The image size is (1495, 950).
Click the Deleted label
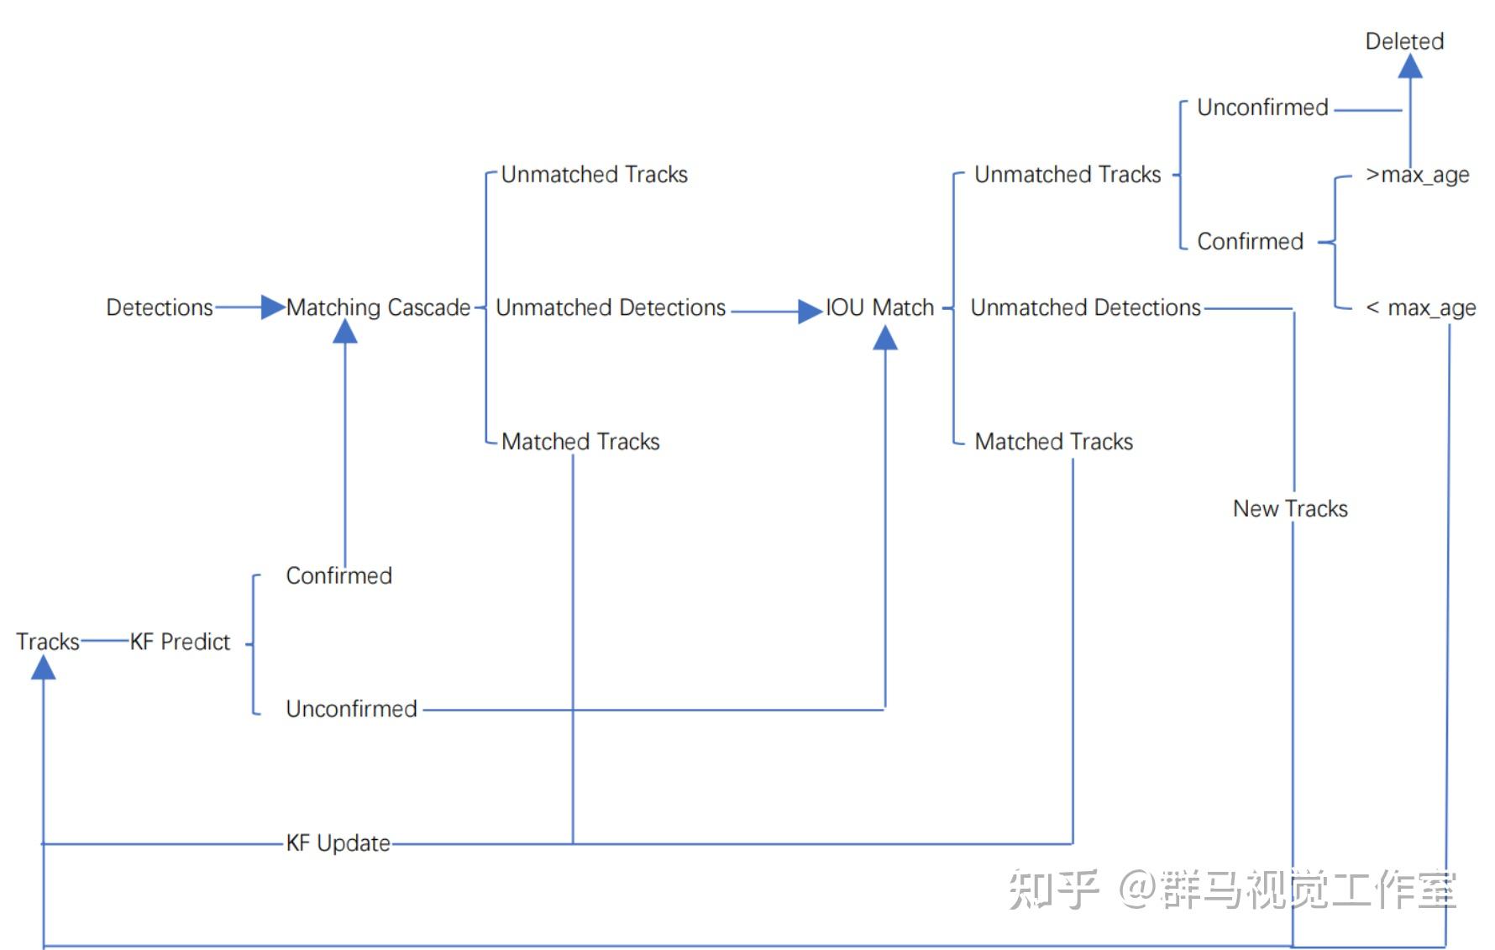(1404, 41)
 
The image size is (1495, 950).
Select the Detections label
(160, 307)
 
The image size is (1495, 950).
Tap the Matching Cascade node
(378, 307)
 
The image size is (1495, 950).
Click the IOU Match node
(879, 307)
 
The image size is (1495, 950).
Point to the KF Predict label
(180, 642)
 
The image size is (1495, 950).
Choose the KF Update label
(338, 843)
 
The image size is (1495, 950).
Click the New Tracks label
(1290, 508)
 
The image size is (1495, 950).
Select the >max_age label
(1418, 175)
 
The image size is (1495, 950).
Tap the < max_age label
(1421, 308)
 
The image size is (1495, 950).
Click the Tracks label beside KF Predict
(48, 642)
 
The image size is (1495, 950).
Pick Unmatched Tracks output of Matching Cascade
(595, 175)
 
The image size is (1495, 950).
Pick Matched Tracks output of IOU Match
(1054, 442)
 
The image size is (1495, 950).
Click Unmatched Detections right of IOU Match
(1086, 307)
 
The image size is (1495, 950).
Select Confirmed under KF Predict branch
(339, 575)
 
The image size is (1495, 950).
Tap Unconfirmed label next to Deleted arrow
(1262, 108)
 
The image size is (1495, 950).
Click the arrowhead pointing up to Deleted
(1410, 66)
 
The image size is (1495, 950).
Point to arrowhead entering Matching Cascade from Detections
(274, 307)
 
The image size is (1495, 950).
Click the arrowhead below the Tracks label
(44, 667)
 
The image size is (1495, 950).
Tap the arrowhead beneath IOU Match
(885, 337)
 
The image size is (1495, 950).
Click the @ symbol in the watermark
(1138, 889)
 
